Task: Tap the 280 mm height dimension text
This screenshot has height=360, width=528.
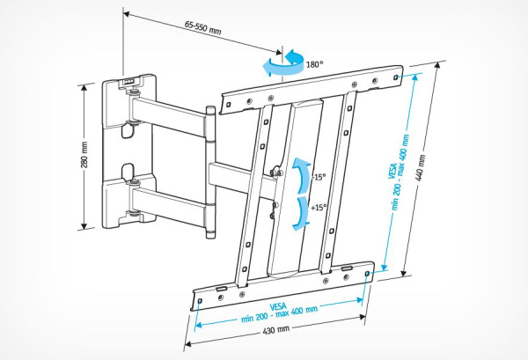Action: pyautogui.click(x=84, y=156)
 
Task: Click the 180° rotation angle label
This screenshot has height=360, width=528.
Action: pyautogui.click(x=314, y=64)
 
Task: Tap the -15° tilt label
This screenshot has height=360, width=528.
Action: pyautogui.click(x=319, y=176)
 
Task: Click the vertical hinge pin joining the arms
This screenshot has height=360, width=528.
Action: pyautogui.click(x=210, y=172)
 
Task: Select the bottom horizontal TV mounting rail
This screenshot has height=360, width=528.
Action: pyautogui.click(x=282, y=280)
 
